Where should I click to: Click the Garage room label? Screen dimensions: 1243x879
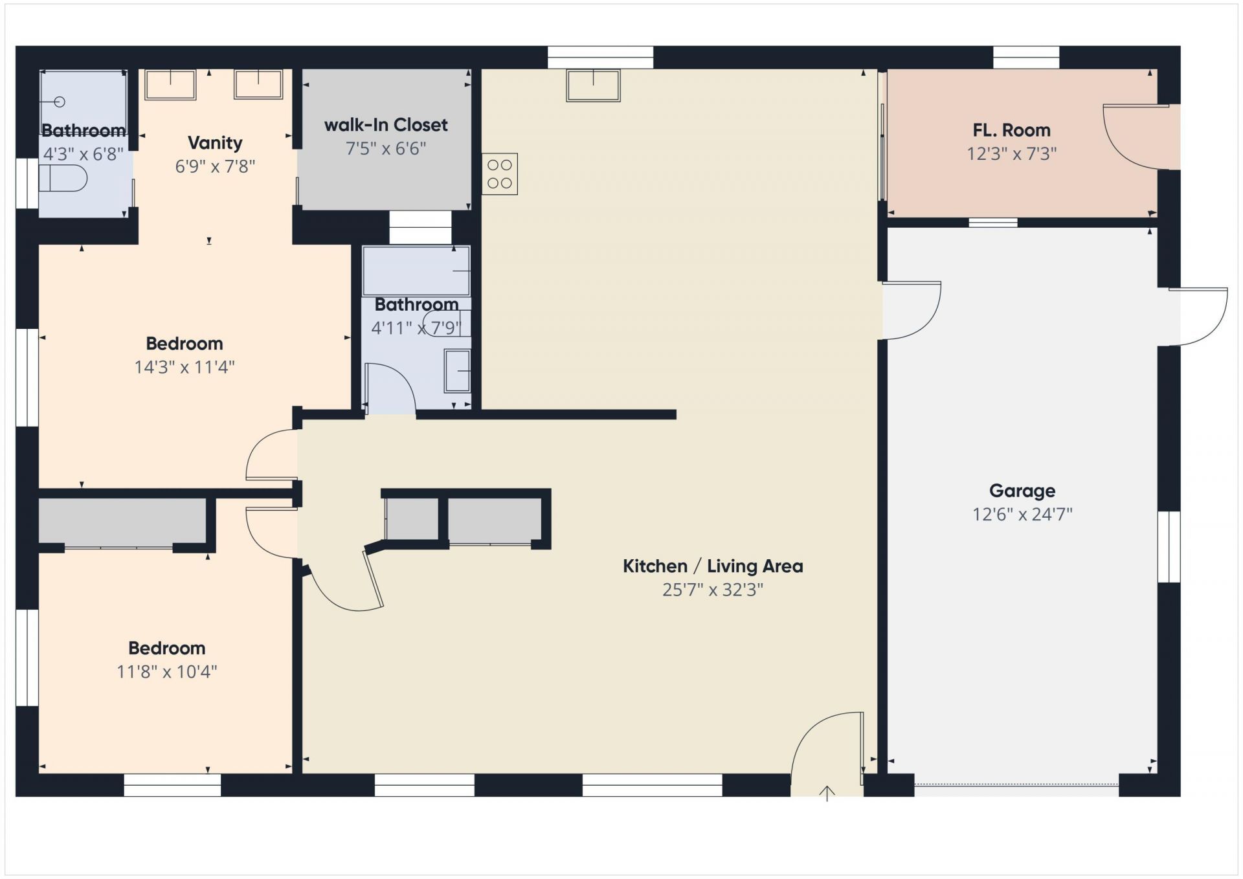(x=1022, y=491)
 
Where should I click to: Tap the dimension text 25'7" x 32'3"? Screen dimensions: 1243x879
(x=713, y=590)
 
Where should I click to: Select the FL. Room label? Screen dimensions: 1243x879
(x=1011, y=130)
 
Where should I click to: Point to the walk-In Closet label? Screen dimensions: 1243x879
(x=386, y=125)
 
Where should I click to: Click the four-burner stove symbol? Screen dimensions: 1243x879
(x=500, y=174)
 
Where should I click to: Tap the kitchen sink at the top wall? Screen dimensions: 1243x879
(x=594, y=85)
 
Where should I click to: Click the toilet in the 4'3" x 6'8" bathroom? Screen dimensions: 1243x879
(x=63, y=178)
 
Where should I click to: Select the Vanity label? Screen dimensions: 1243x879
(x=215, y=142)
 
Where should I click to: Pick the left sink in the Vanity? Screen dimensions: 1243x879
(x=170, y=85)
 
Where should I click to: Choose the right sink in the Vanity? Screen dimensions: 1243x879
(x=258, y=84)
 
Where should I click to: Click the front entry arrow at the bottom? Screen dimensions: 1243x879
(x=827, y=793)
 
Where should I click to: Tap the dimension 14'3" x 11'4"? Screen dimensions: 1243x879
(x=185, y=367)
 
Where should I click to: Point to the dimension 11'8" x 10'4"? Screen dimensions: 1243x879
(x=167, y=672)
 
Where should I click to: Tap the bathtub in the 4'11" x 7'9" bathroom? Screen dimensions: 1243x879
(x=416, y=271)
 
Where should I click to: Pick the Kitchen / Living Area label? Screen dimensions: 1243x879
(x=713, y=566)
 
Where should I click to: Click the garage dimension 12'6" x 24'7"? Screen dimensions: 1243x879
(x=1022, y=515)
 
